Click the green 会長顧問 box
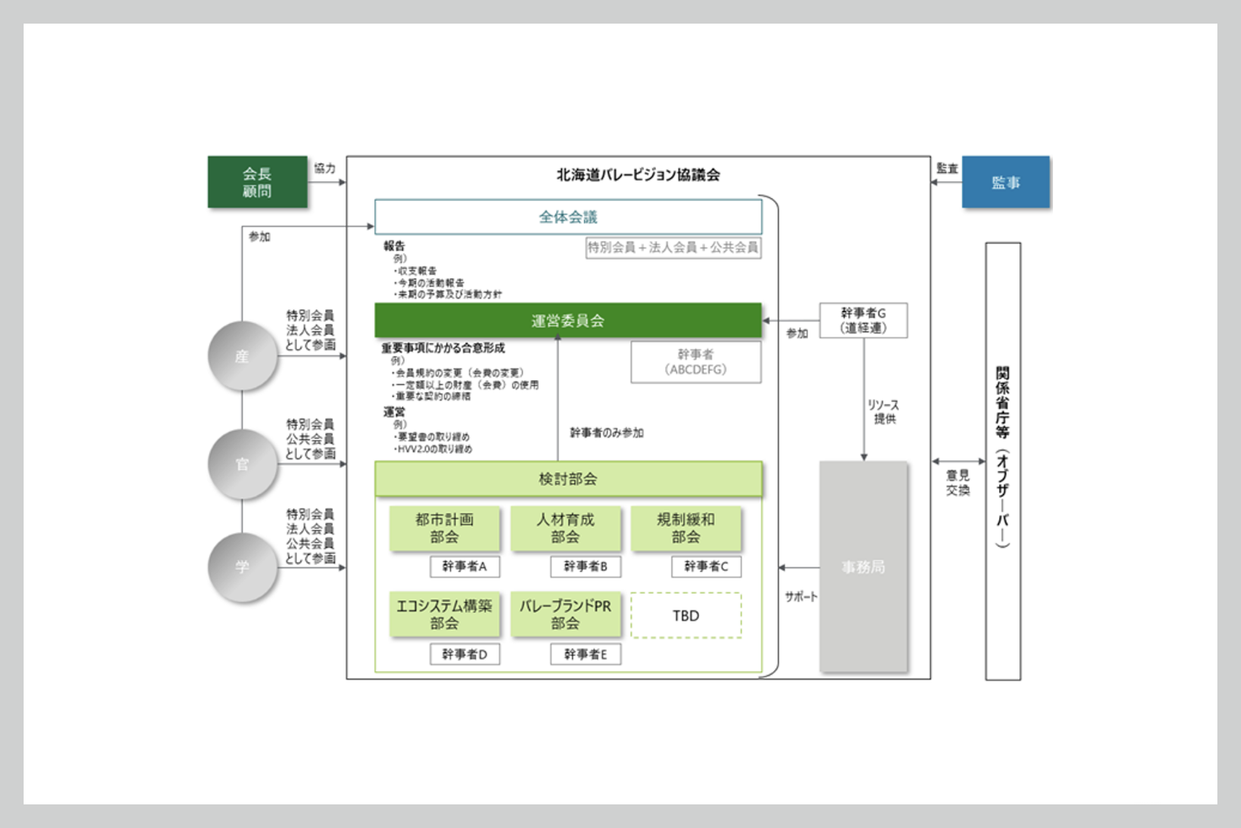(x=257, y=182)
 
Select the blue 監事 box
(x=1005, y=182)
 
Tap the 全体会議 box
(x=567, y=217)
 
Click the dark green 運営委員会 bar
(x=567, y=320)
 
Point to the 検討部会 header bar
(x=567, y=479)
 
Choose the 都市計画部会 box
(x=444, y=528)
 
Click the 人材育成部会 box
(x=565, y=528)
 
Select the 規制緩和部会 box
(x=685, y=528)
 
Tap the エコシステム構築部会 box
(x=444, y=615)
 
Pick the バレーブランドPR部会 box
(x=565, y=615)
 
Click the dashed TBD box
(x=685, y=616)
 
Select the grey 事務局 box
(x=863, y=567)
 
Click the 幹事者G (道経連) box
(x=863, y=320)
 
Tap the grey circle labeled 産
(x=242, y=357)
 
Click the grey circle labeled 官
(x=242, y=465)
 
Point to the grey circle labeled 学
(x=242, y=567)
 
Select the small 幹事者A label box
(x=465, y=567)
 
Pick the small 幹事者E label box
(x=585, y=654)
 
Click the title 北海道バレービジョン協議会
(x=638, y=175)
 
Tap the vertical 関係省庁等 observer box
(x=1002, y=460)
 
